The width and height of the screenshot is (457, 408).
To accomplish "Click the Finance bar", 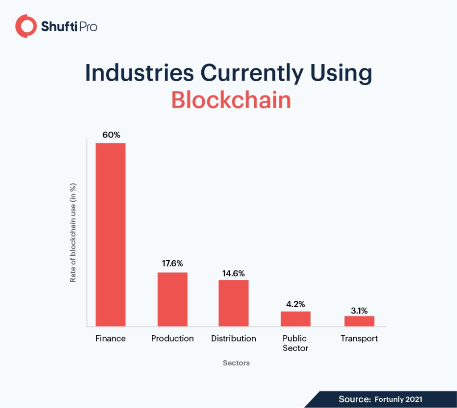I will tap(111, 235).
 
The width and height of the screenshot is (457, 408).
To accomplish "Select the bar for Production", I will tap(172, 299).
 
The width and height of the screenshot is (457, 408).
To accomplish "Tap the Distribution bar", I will tap(233, 303).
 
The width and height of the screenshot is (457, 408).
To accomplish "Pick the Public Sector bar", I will tap(295, 319).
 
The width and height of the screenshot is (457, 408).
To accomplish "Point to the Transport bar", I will tap(359, 321).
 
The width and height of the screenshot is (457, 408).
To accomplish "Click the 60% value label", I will tap(111, 135).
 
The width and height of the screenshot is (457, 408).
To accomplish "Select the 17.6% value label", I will tap(172, 264).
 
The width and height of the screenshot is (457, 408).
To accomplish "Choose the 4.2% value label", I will tap(295, 304).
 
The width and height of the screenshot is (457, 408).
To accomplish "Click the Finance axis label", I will tap(111, 338).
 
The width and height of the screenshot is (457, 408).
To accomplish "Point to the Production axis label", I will tap(172, 338).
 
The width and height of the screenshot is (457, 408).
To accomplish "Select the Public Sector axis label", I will tap(295, 343).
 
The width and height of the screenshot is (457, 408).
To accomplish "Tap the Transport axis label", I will tap(359, 338).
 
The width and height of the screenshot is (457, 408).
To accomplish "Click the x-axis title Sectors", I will tap(236, 363).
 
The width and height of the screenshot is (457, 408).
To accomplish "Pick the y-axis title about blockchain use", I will tap(73, 232).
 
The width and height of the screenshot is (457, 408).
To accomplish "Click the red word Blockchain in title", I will tap(231, 100).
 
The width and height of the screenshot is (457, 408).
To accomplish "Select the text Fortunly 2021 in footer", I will tap(398, 399).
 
